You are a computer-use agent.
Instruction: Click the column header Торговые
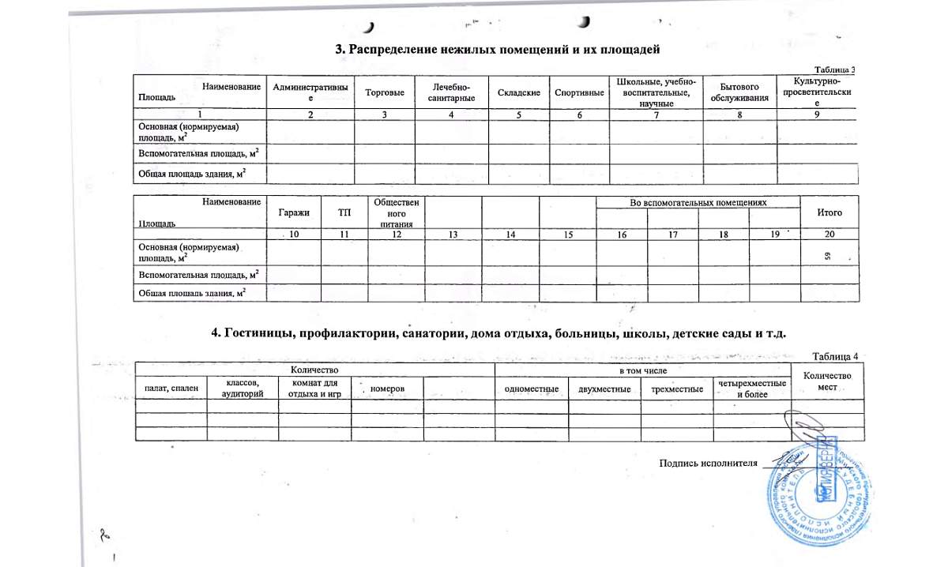pyautogui.click(x=385, y=93)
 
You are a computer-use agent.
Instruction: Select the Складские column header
pyautogui.click(x=519, y=93)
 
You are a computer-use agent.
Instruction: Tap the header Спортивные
pyautogui.click(x=579, y=93)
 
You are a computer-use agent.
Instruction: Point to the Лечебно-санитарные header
pyautogui.click(x=451, y=93)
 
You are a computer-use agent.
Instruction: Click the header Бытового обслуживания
pyautogui.click(x=739, y=92)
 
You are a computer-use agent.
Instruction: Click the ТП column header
pyautogui.click(x=344, y=213)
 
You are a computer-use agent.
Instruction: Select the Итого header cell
pyautogui.click(x=829, y=212)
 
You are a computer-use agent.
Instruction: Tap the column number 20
pyautogui.click(x=829, y=235)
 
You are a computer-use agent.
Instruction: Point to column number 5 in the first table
pyautogui.click(x=519, y=115)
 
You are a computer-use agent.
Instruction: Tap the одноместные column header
pyautogui.click(x=532, y=389)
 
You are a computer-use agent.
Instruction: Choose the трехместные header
pyautogui.click(x=676, y=389)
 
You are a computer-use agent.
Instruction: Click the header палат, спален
pyautogui.click(x=170, y=389)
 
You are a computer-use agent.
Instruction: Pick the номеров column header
pyautogui.click(x=387, y=389)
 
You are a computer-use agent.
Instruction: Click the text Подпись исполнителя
pyautogui.click(x=709, y=464)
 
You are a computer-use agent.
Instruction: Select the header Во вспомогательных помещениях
pyautogui.click(x=698, y=203)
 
